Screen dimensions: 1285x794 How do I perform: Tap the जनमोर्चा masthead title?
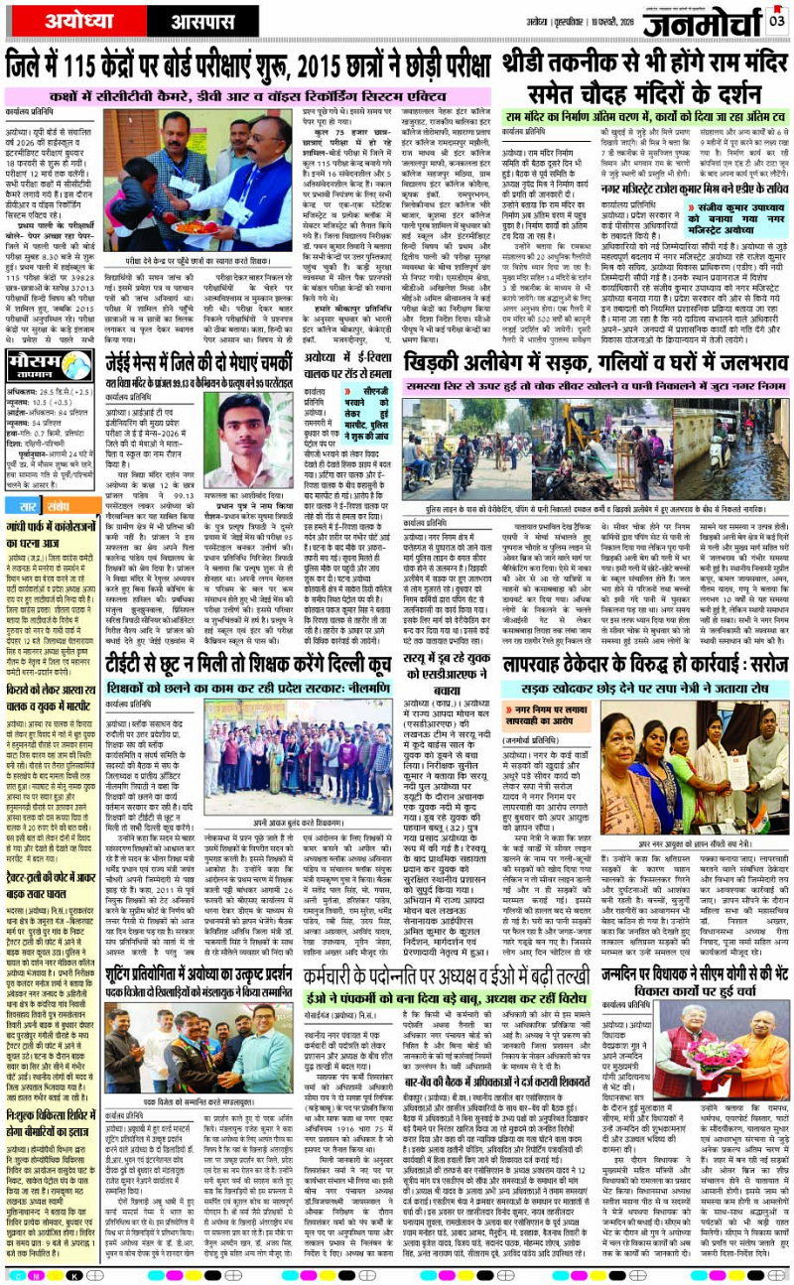coord(707,22)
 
